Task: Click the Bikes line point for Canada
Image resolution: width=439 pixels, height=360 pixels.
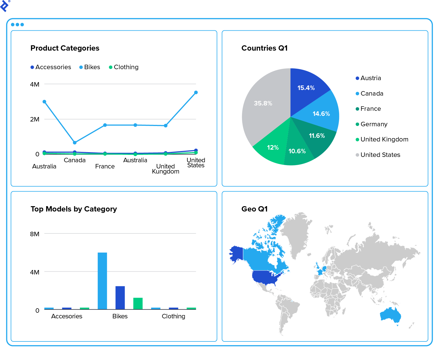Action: click(x=75, y=143)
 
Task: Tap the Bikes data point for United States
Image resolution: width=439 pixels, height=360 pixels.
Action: click(x=196, y=93)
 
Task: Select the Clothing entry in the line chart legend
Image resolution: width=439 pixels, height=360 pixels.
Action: click(x=124, y=67)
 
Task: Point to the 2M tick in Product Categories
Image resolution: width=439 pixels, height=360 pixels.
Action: click(x=35, y=119)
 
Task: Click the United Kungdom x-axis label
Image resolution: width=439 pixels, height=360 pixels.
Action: click(x=165, y=169)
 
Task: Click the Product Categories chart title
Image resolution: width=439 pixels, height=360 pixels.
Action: click(x=65, y=48)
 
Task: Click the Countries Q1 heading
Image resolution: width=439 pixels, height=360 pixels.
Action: click(x=265, y=48)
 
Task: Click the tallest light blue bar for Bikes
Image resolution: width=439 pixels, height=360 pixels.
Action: click(x=102, y=281)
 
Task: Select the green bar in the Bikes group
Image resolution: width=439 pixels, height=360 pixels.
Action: click(x=138, y=304)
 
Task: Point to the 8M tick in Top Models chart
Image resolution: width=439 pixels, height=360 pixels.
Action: click(x=35, y=234)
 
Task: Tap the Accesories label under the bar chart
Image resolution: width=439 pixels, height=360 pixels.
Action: click(x=67, y=316)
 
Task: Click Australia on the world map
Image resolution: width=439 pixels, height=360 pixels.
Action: click(x=390, y=315)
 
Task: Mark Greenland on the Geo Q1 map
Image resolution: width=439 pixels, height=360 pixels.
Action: click(x=297, y=233)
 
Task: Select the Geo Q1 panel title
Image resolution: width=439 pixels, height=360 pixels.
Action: click(x=254, y=209)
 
